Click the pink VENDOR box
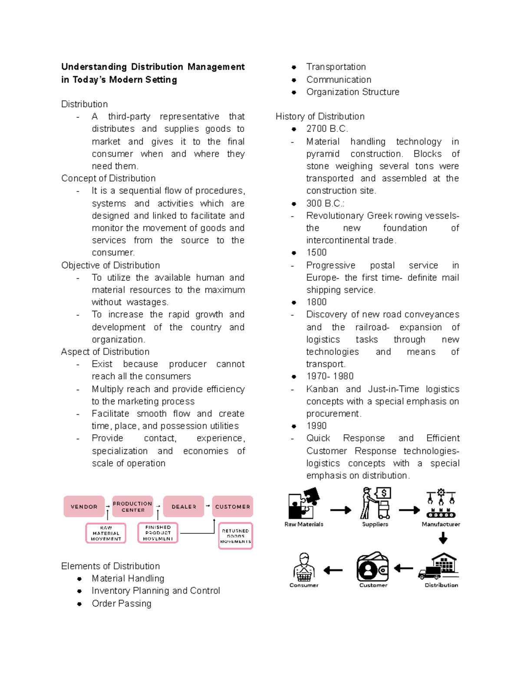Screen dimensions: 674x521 pos(84,506)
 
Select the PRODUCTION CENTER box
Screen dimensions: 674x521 pos(132,506)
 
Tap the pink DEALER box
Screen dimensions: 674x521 pos(184,506)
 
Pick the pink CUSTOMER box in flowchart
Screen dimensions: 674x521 pos(233,506)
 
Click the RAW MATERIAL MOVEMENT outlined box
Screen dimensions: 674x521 pos(106,533)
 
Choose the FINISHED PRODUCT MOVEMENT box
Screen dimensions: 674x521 pos(158,533)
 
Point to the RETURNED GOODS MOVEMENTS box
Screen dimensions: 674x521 pos(236,536)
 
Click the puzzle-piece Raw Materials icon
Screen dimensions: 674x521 pos(304,503)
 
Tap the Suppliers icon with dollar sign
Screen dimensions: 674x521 pos(376,503)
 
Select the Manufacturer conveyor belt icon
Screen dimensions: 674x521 pos(441,503)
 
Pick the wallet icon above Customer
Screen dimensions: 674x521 pos(373,567)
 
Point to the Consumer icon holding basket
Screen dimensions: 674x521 pos(304,567)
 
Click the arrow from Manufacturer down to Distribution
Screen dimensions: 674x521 pos(443,539)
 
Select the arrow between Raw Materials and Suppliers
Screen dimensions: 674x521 pos(340,510)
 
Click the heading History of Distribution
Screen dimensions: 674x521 pos(320,116)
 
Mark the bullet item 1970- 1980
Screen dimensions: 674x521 pos(330,376)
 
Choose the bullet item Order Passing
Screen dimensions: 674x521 pos(122,603)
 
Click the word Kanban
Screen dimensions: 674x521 pos(322,389)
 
